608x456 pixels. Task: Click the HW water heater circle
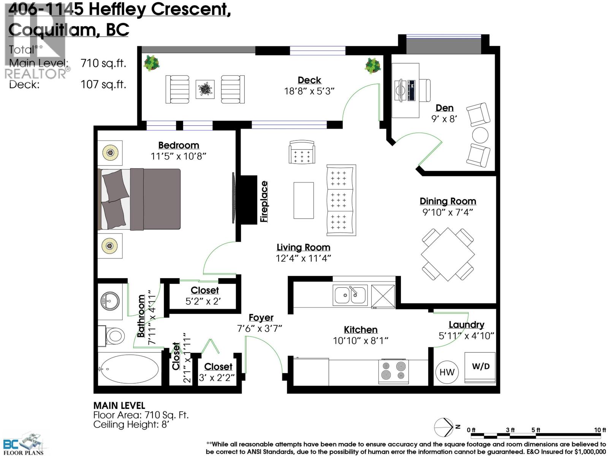446,372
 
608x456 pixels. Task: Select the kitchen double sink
350,295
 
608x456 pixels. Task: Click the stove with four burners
393,371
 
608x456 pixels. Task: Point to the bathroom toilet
112,336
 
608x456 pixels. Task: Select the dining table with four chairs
448,254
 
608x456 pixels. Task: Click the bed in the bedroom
139,199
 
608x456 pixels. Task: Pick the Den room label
444,108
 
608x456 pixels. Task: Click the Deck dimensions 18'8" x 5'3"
309,91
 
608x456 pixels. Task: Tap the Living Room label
303,247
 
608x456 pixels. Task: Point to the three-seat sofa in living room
341,200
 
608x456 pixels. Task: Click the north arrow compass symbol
443,427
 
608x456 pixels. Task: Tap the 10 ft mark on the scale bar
600,430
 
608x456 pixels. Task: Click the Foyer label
261,318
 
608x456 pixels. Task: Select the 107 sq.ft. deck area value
103,84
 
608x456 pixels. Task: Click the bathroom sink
110,301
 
